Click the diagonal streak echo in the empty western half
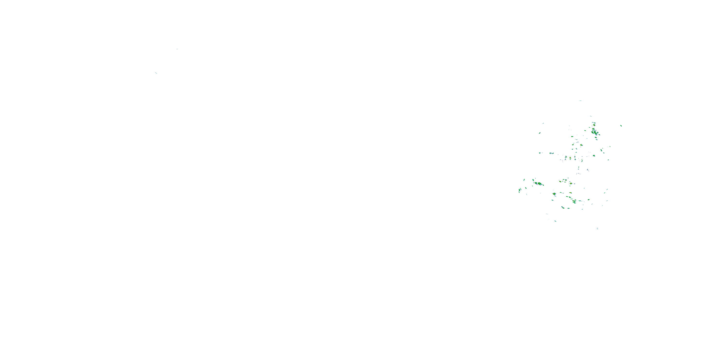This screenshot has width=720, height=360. pos(156,73)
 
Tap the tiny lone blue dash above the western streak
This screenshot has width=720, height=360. pos(177,49)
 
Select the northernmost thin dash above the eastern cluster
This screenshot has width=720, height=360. pos(580,101)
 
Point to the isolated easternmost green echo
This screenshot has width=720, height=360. pos(621,126)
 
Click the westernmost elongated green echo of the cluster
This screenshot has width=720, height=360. pos(520,190)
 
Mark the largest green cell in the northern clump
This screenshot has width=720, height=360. pos(594,131)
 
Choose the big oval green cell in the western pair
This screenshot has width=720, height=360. pos(539,184)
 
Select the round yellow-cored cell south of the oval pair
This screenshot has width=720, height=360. pos(554,194)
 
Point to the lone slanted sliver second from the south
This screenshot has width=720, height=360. pos(555,221)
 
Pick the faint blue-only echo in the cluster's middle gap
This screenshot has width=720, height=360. pos(588,170)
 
